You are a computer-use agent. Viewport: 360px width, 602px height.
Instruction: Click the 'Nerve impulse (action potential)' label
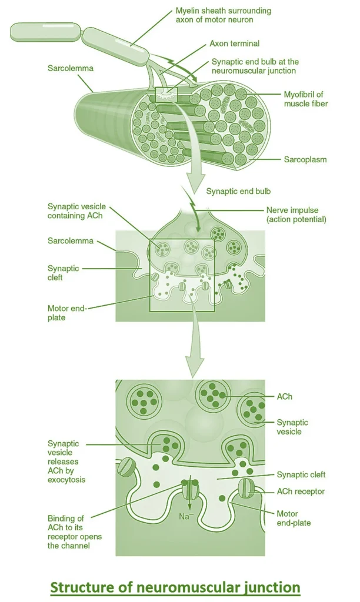296,215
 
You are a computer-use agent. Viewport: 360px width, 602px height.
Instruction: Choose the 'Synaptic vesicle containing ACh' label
76,211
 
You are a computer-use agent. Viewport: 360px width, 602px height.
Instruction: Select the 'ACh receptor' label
301,491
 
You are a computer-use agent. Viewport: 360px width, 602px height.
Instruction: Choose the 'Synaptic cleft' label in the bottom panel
301,474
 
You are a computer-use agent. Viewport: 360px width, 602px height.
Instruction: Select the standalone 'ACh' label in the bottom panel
285,397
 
